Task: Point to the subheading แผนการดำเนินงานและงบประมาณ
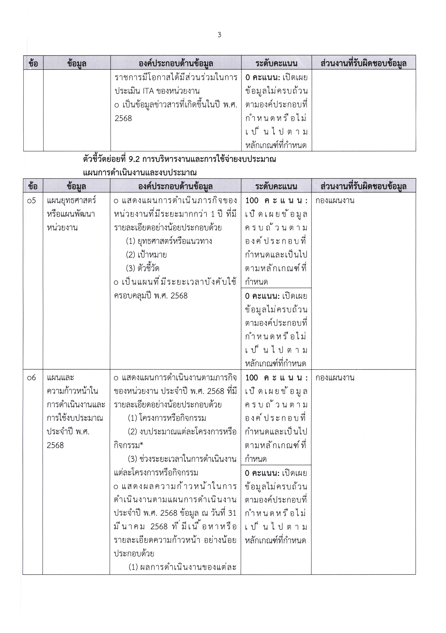point(140,173)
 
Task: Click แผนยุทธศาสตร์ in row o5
point(71,200)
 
